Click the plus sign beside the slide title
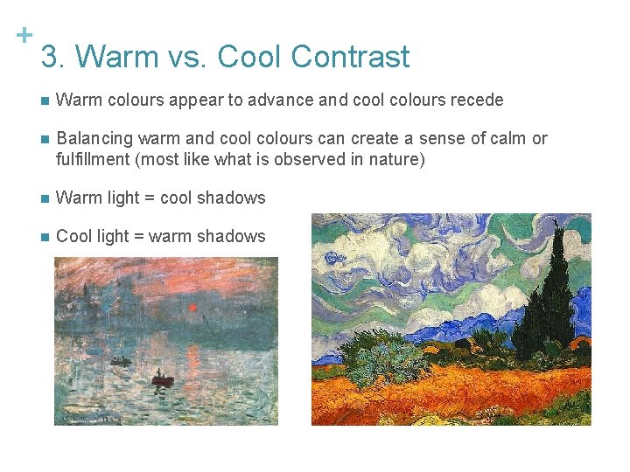point(24,35)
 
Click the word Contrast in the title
point(350,57)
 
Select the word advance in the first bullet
point(279,100)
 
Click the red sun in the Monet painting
point(192,308)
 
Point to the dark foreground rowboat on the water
point(163,379)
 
